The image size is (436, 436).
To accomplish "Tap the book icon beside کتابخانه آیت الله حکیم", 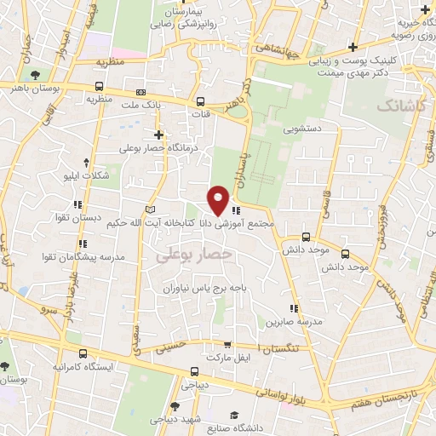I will coord(151,209).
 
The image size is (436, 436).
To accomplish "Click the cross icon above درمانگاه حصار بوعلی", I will coord(158,135).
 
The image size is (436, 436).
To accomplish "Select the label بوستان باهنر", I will coord(35,87).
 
